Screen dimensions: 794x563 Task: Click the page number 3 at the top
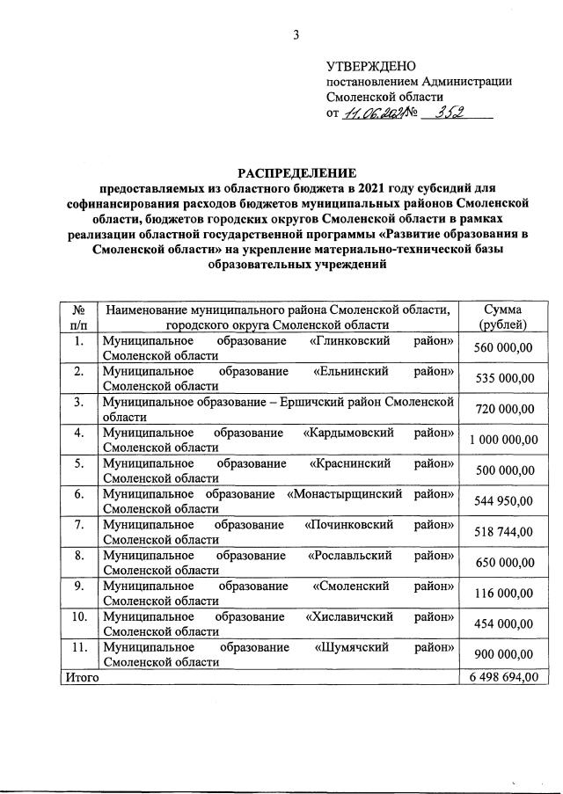[x=296, y=35]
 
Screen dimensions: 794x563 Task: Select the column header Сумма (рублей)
[x=502, y=317]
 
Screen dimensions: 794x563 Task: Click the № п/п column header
[x=78, y=317]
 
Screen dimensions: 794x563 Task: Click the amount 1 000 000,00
[x=503, y=440]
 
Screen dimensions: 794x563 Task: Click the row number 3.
[x=78, y=402]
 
